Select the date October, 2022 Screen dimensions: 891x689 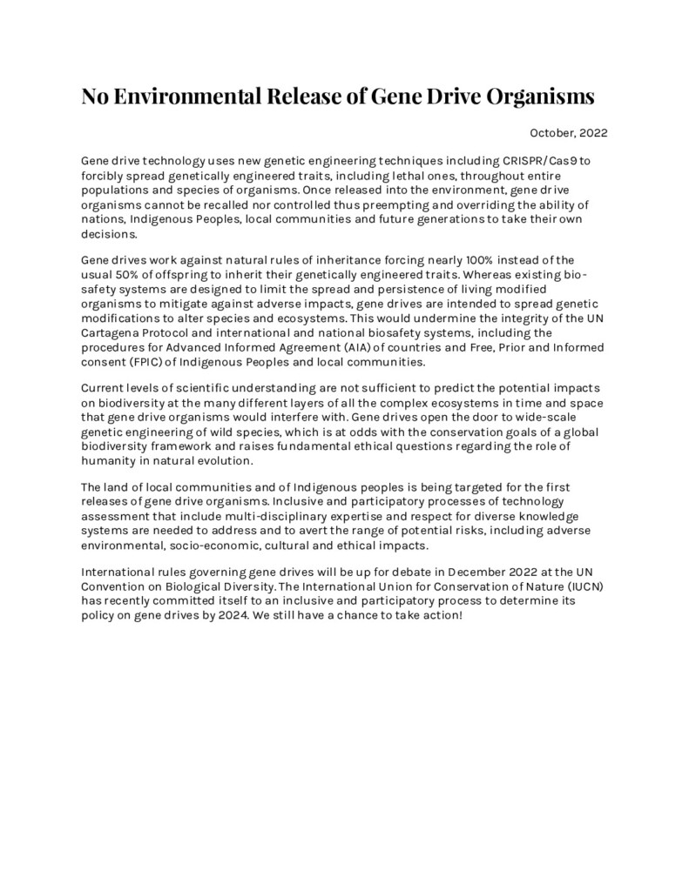coord(568,133)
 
